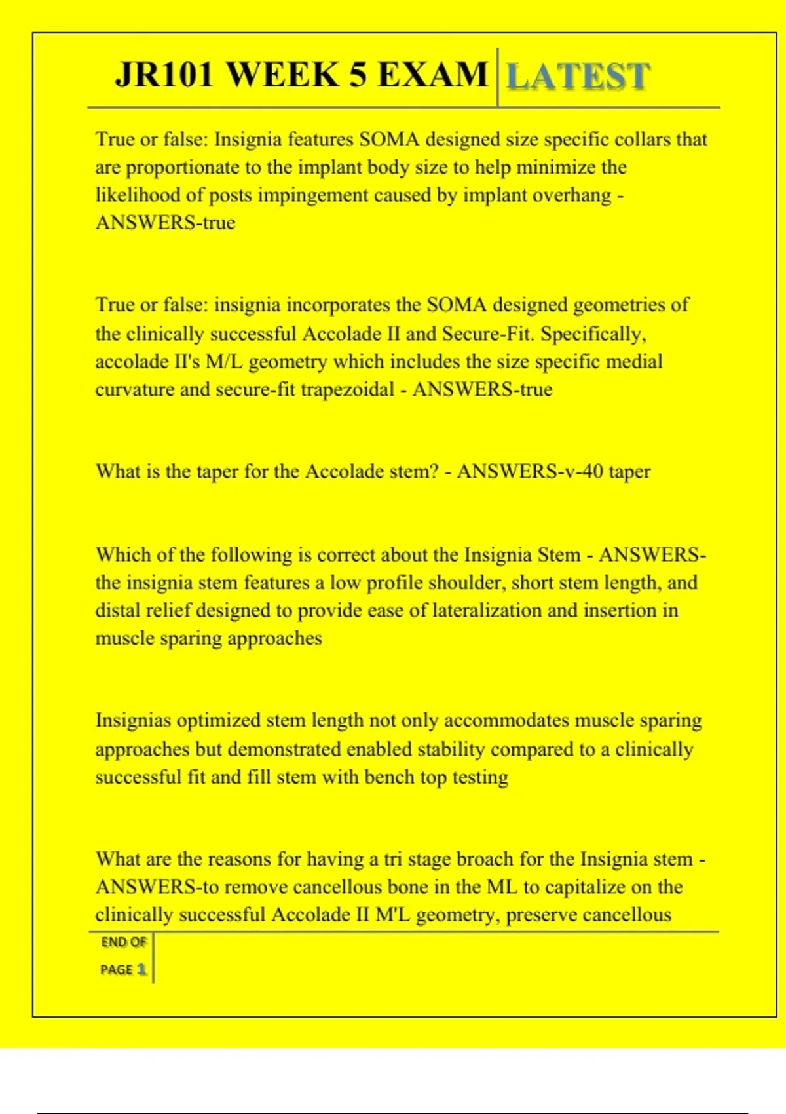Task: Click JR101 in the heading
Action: click(164, 74)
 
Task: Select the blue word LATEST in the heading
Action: click(578, 76)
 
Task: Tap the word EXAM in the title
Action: click(433, 74)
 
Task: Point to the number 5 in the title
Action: click(357, 74)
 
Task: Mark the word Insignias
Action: click(133, 720)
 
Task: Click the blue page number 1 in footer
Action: click(141, 969)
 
